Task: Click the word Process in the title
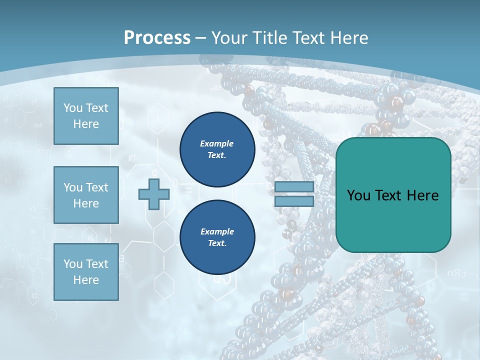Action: pos(157,37)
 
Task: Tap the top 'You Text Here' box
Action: pos(86,116)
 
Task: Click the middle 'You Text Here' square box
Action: pos(86,195)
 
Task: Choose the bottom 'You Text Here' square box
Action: pos(86,271)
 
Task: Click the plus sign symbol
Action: pos(153,194)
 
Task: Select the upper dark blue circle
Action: pos(217,149)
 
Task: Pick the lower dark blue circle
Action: pos(217,237)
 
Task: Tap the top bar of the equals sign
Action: pos(294,187)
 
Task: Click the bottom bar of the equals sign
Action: pos(294,201)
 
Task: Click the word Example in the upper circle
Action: pos(217,143)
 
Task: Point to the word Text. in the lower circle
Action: pos(217,243)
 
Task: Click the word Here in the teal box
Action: pos(422,195)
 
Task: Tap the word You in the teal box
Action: pos(358,195)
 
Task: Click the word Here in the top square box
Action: pos(86,124)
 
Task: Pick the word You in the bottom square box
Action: pos(72,263)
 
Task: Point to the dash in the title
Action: pos(201,38)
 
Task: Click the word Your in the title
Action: pos(229,37)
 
